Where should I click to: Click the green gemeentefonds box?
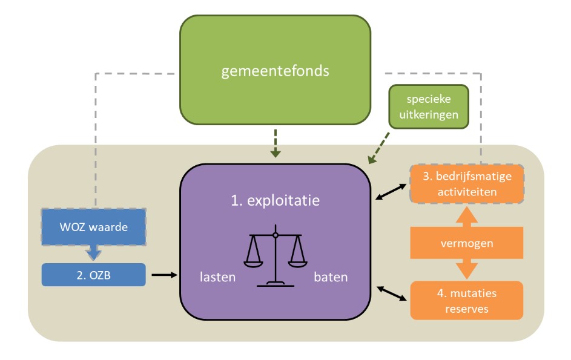(275, 71)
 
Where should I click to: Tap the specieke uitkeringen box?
(429, 106)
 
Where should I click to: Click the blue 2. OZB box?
(93, 275)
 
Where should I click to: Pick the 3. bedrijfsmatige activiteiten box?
(466, 184)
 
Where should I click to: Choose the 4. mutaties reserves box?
(466, 300)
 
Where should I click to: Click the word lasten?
(218, 278)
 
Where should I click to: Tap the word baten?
(331, 278)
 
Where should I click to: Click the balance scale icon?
(275, 257)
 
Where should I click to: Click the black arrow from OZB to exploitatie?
(163, 275)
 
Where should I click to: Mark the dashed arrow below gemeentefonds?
(276, 143)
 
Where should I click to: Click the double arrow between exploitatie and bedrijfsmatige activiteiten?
(390, 192)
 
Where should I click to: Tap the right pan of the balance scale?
(297, 261)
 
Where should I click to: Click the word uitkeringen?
(429, 113)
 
